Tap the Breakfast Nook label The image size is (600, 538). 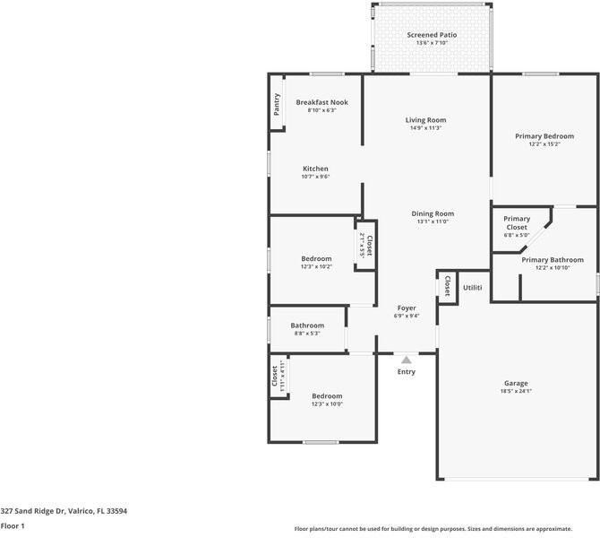tap(321, 102)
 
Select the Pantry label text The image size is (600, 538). tap(277, 105)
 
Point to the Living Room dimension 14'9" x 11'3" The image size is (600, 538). tap(426, 128)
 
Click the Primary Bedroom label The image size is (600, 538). tap(544, 136)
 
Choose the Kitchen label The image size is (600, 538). tap(315, 169)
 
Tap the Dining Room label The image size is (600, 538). tap(433, 213)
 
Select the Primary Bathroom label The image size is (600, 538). tap(553, 260)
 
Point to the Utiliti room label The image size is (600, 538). tap(473, 288)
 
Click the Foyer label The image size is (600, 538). tap(407, 308)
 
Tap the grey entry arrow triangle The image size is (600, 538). tap(407, 360)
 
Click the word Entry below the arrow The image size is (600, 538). tap(407, 371)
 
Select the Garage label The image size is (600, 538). tap(516, 383)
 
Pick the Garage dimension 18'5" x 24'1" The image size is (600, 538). tap(516, 391)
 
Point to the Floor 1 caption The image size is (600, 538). tap(13, 526)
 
